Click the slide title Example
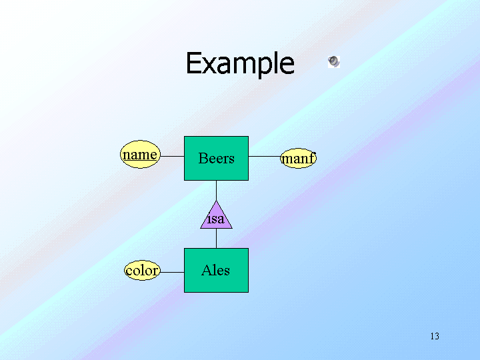pyautogui.click(x=239, y=64)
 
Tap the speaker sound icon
pyautogui.click(x=333, y=62)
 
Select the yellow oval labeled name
pyautogui.click(x=140, y=155)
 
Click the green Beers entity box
pyautogui.click(x=216, y=158)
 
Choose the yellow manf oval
pyautogui.click(x=297, y=159)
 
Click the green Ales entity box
pyautogui.click(x=216, y=270)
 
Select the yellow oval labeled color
pyautogui.click(x=142, y=270)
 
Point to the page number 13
pyautogui.click(x=435, y=336)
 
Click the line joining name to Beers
pyautogui.click(x=172, y=157)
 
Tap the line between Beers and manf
pyautogui.click(x=264, y=157)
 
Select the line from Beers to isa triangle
pyautogui.click(x=216, y=190)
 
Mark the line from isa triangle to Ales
pyautogui.click(x=216, y=238)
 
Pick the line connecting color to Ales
pyautogui.click(x=172, y=271)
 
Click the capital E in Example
pyautogui.click(x=193, y=64)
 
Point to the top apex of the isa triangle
pyautogui.click(x=216, y=201)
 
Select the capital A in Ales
pyautogui.click(x=206, y=270)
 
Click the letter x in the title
pyautogui.click(x=210, y=65)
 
